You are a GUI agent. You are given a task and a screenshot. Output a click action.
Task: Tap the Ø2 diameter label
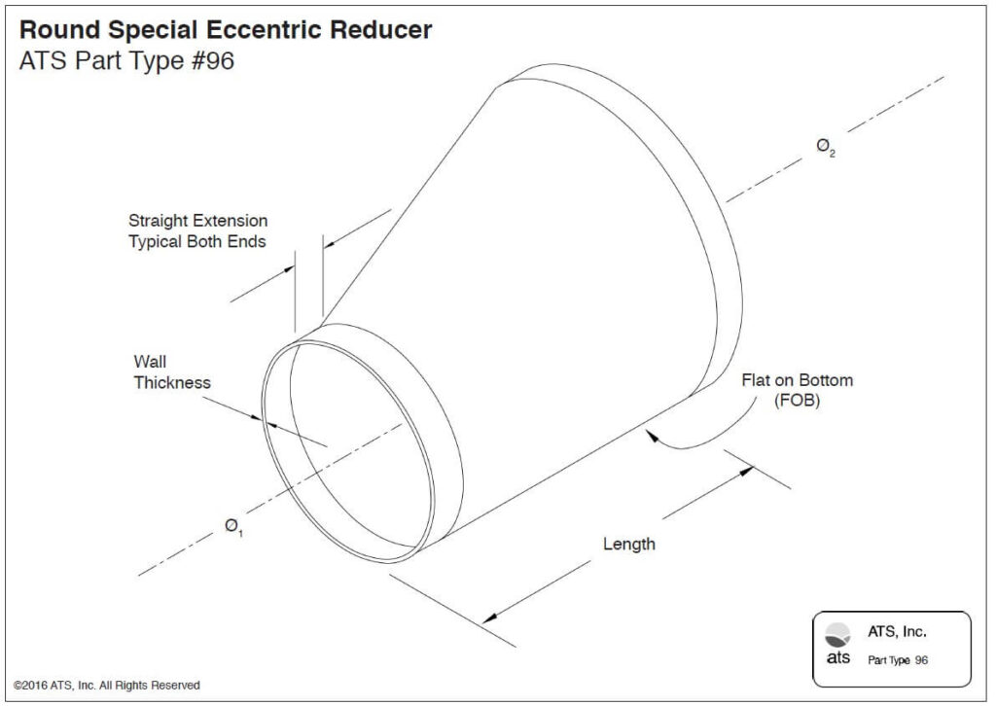click(x=825, y=149)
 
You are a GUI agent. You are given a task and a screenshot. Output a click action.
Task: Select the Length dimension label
click(x=628, y=545)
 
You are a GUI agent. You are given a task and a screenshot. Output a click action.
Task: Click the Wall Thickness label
click(x=171, y=372)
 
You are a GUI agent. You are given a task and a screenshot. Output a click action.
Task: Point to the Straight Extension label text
click(x=197, y=222)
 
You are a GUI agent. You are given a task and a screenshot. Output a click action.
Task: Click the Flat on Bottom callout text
click(x=797, y=380)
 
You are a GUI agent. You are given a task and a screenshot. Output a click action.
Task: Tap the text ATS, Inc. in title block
click(x=897, y=632)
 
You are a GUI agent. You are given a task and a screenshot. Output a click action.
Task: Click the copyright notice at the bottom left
click(x=107, y=686)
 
